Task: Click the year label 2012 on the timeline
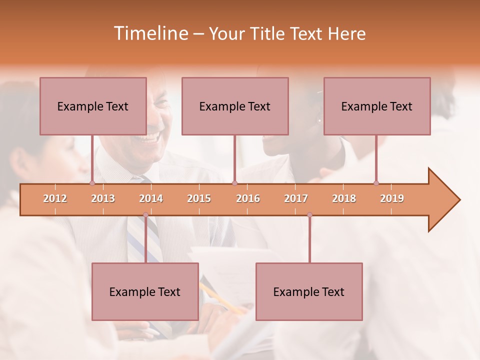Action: click(55, 198)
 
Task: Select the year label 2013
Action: click(103, 198)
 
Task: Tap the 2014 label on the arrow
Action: click(151, 198)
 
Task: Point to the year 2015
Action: click(199, 198)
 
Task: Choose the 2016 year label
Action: click(248, 198)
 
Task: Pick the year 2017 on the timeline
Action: click(296, 198)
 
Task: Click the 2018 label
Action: click(344, 198)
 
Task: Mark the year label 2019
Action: click(392, 198)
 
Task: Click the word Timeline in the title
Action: click(150, 33)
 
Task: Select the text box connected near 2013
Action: click(93, 106)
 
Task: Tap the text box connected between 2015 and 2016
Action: click(235, 106)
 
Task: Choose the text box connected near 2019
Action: click(377, 106)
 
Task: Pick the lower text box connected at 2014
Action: click(145, 291)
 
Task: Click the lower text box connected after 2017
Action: click(309, 291)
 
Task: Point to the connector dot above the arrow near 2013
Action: click(92, 183)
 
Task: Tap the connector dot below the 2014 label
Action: click(145, 215)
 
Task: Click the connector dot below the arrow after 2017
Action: click(309, 215)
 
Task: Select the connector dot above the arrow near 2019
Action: click(376, 183)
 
